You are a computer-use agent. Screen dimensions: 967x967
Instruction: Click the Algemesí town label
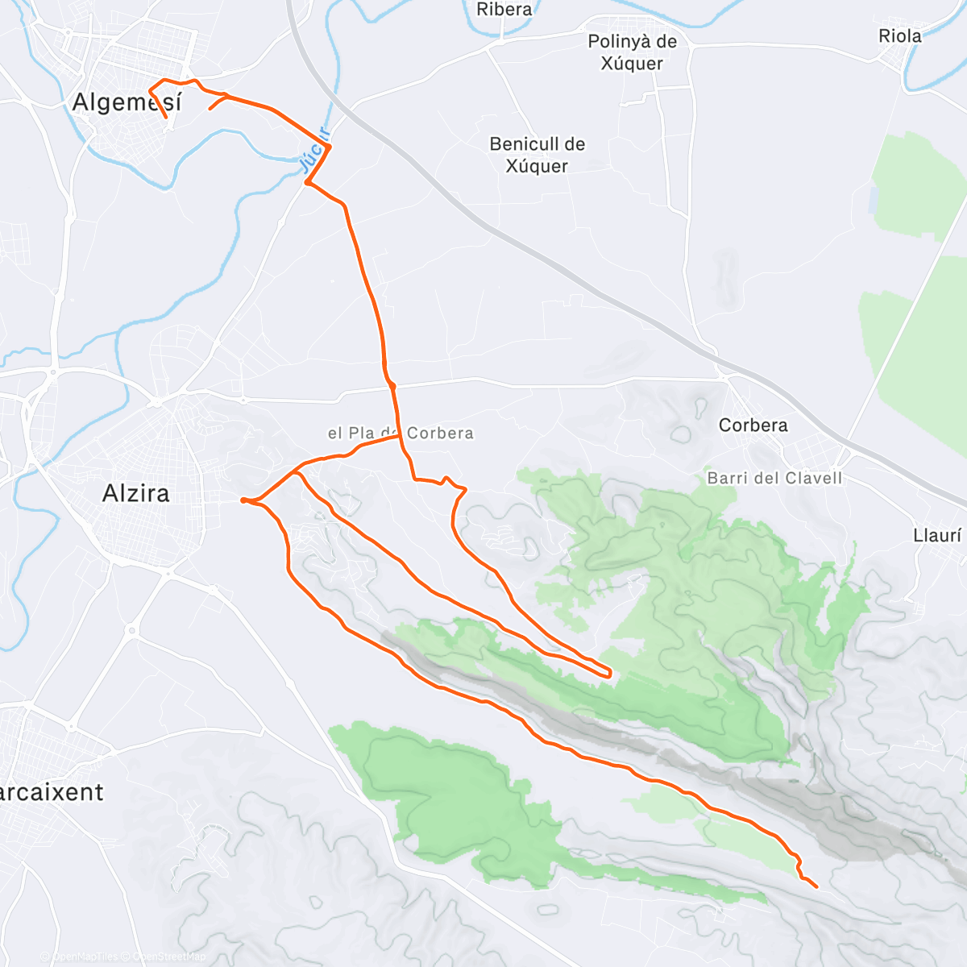127,102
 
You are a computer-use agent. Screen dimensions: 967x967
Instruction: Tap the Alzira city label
136,493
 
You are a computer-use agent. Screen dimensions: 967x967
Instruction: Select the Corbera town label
753,425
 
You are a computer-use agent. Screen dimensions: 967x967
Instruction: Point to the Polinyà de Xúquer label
633,52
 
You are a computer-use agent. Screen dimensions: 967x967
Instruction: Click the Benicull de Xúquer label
537,155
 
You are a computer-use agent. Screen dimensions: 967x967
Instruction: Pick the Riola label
899,36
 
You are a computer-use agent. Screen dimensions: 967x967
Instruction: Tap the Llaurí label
937,535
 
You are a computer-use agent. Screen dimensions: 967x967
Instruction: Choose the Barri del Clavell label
774,478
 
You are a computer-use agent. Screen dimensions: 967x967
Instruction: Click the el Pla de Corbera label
400,433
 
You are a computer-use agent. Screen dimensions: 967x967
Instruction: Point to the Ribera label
504,10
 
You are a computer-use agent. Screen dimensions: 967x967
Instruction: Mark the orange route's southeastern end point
816,887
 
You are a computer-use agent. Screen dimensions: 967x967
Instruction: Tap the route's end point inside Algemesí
166,118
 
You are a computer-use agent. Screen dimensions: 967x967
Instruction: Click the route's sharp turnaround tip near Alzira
243,500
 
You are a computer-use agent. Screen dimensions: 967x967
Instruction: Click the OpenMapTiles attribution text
84,957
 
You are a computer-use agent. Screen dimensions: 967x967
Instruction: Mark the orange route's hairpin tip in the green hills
609,672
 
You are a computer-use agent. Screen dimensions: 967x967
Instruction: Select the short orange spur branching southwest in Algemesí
211,107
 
